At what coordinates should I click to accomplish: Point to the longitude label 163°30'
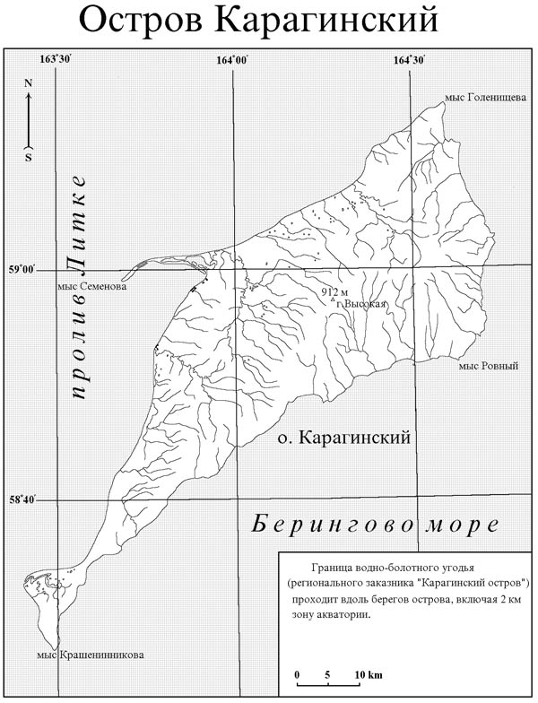click(56, 59)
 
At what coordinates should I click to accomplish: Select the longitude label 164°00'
click(233, 59)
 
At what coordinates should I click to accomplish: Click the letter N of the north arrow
click(29, 83)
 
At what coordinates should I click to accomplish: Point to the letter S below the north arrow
click(29, 158)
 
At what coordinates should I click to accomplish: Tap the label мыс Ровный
click(489, 366)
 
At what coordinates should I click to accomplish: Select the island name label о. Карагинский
click(343, 439)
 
